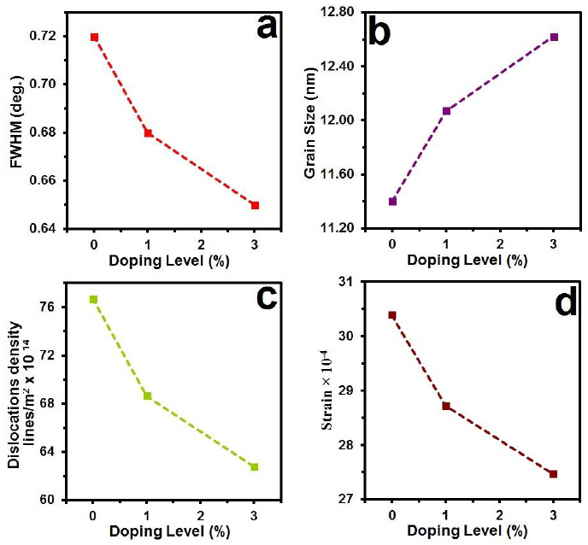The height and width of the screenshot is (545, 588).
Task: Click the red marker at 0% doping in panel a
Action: (94, 38)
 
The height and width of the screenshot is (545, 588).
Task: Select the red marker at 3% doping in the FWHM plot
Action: (255, 205)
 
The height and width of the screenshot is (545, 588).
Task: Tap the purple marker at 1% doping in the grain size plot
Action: (446, 111)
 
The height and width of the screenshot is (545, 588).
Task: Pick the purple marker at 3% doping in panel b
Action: (554, 37)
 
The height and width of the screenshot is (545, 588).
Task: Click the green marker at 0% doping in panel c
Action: (93, 299)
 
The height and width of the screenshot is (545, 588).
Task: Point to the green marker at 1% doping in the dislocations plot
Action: (147, 396)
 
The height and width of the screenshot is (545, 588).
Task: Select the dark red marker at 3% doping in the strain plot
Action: (553, 473)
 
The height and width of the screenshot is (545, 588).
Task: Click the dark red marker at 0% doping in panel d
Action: (392, 315)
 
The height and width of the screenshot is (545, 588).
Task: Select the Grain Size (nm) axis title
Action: (311, 127)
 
